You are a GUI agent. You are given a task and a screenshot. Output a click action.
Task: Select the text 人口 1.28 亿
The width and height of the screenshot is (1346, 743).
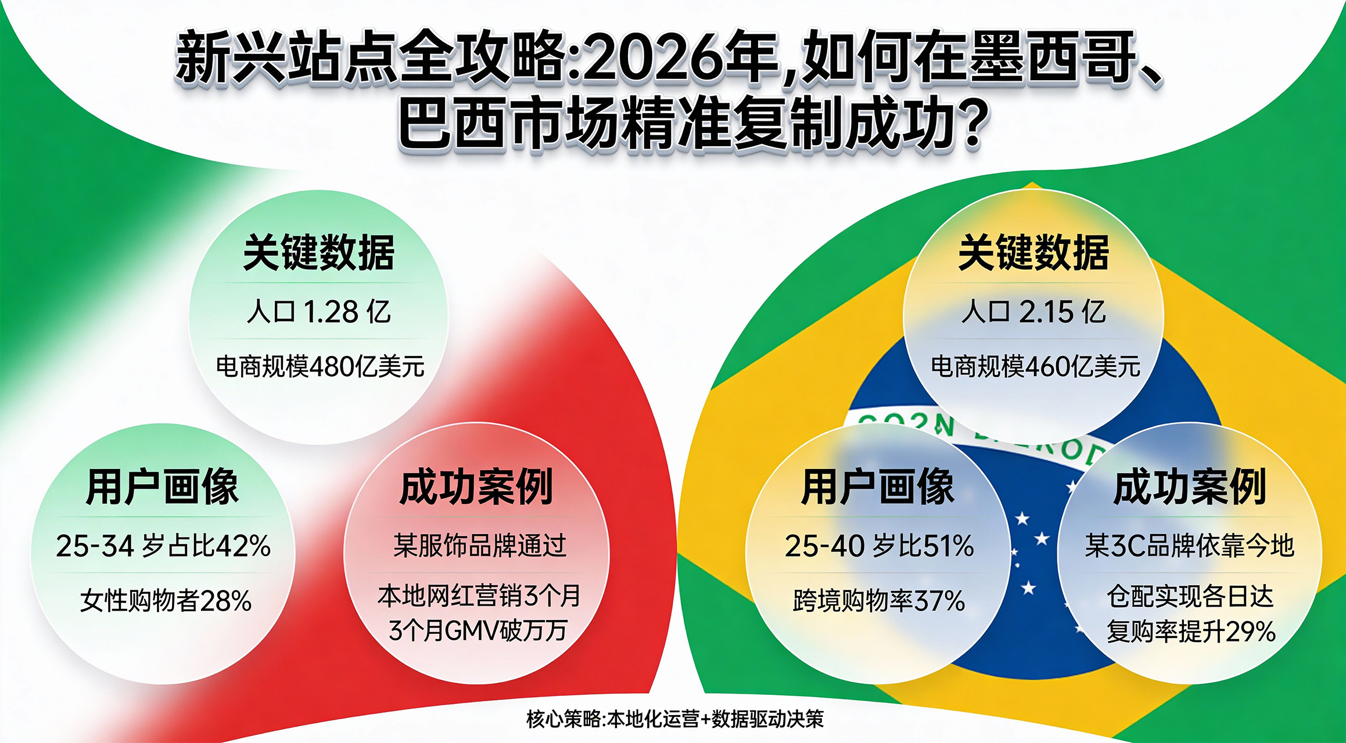(318, 312)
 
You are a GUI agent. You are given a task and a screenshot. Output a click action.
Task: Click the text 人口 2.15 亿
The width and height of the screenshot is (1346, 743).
(1033, 312)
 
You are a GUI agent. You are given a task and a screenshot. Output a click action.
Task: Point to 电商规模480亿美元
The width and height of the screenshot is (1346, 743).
(320, 366)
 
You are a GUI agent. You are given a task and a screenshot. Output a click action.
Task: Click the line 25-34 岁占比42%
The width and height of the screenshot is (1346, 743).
(163, 546)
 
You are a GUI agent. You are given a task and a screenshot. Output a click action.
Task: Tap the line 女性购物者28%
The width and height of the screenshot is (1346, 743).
(166, 600)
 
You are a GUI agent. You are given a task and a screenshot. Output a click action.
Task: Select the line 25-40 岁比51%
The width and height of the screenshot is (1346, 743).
(879, 546)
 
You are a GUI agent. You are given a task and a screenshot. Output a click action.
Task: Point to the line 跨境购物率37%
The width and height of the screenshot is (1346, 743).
(879, 600)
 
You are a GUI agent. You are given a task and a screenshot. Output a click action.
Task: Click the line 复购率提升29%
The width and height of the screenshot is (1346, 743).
(1190, 632)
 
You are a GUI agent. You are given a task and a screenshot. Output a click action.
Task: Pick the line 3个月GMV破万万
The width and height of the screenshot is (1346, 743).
(478, 630)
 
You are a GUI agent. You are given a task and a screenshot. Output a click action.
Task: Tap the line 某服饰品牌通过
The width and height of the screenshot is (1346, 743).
(479, 546)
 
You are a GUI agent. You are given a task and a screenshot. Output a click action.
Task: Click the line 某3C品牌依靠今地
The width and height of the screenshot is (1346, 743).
(1189, 546)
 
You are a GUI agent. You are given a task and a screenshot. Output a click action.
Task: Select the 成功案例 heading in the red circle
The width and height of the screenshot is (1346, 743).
(476, 488)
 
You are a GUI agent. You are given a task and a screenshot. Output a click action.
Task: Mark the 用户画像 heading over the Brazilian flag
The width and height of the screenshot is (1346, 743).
(877, 488)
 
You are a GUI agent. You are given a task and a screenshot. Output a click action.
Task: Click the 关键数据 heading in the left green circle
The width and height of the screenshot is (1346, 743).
(319, 253)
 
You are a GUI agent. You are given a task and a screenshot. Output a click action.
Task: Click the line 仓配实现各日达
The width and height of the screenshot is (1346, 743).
(1190, 597)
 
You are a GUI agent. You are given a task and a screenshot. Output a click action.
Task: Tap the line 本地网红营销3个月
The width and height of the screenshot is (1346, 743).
(479, 596)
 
